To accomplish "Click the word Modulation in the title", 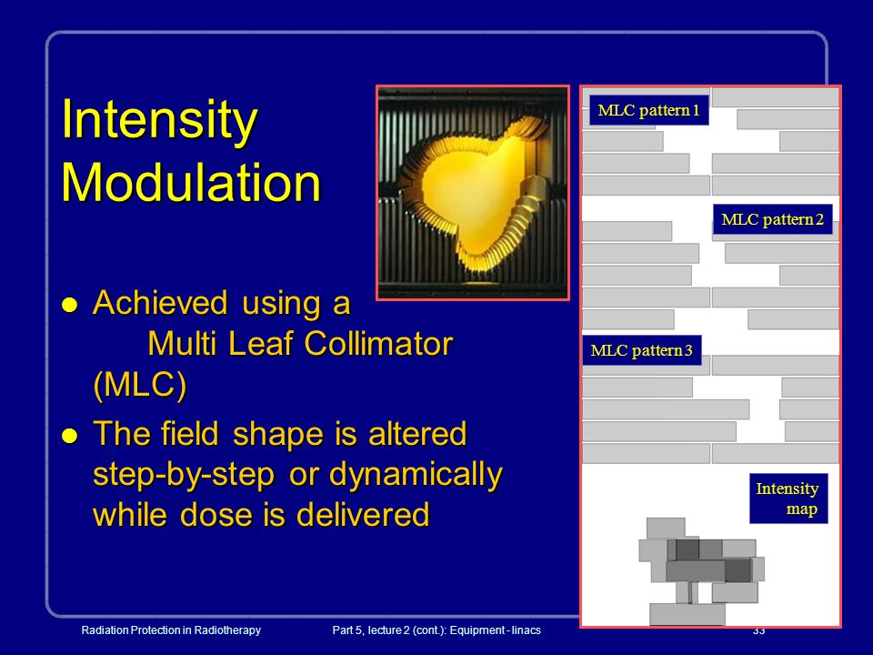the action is [191, 183].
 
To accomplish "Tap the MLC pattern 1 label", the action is [648, 110].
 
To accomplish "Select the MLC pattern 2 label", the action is [772, 219].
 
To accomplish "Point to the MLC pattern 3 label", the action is [641, 350].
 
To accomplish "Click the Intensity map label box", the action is [788, 499].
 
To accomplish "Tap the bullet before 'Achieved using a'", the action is [70, 305].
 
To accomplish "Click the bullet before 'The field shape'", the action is [70, 436].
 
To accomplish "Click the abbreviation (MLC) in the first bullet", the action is [140, 384].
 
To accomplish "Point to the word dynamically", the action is [416, 475].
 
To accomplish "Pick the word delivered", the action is [363, 514].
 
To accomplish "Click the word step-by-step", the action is [184, 475].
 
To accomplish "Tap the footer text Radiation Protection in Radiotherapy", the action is [171, 630].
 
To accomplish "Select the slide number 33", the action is [758, 630].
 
